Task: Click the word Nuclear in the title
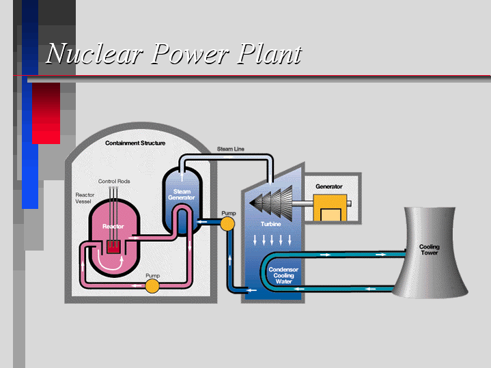94,53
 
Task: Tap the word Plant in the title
268,53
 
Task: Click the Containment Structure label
135,143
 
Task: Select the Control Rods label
114,182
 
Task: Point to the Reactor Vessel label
85,198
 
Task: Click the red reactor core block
113,246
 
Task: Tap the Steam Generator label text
182,195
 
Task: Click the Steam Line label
230,149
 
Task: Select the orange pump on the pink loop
152,286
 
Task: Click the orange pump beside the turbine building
227,224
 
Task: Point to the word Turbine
271,224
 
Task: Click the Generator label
329,186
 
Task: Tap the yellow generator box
330,208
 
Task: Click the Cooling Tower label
430,250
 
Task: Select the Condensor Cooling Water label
283,276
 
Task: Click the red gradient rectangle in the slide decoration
46,113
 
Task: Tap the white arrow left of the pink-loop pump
136,285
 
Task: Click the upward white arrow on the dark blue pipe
230,259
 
